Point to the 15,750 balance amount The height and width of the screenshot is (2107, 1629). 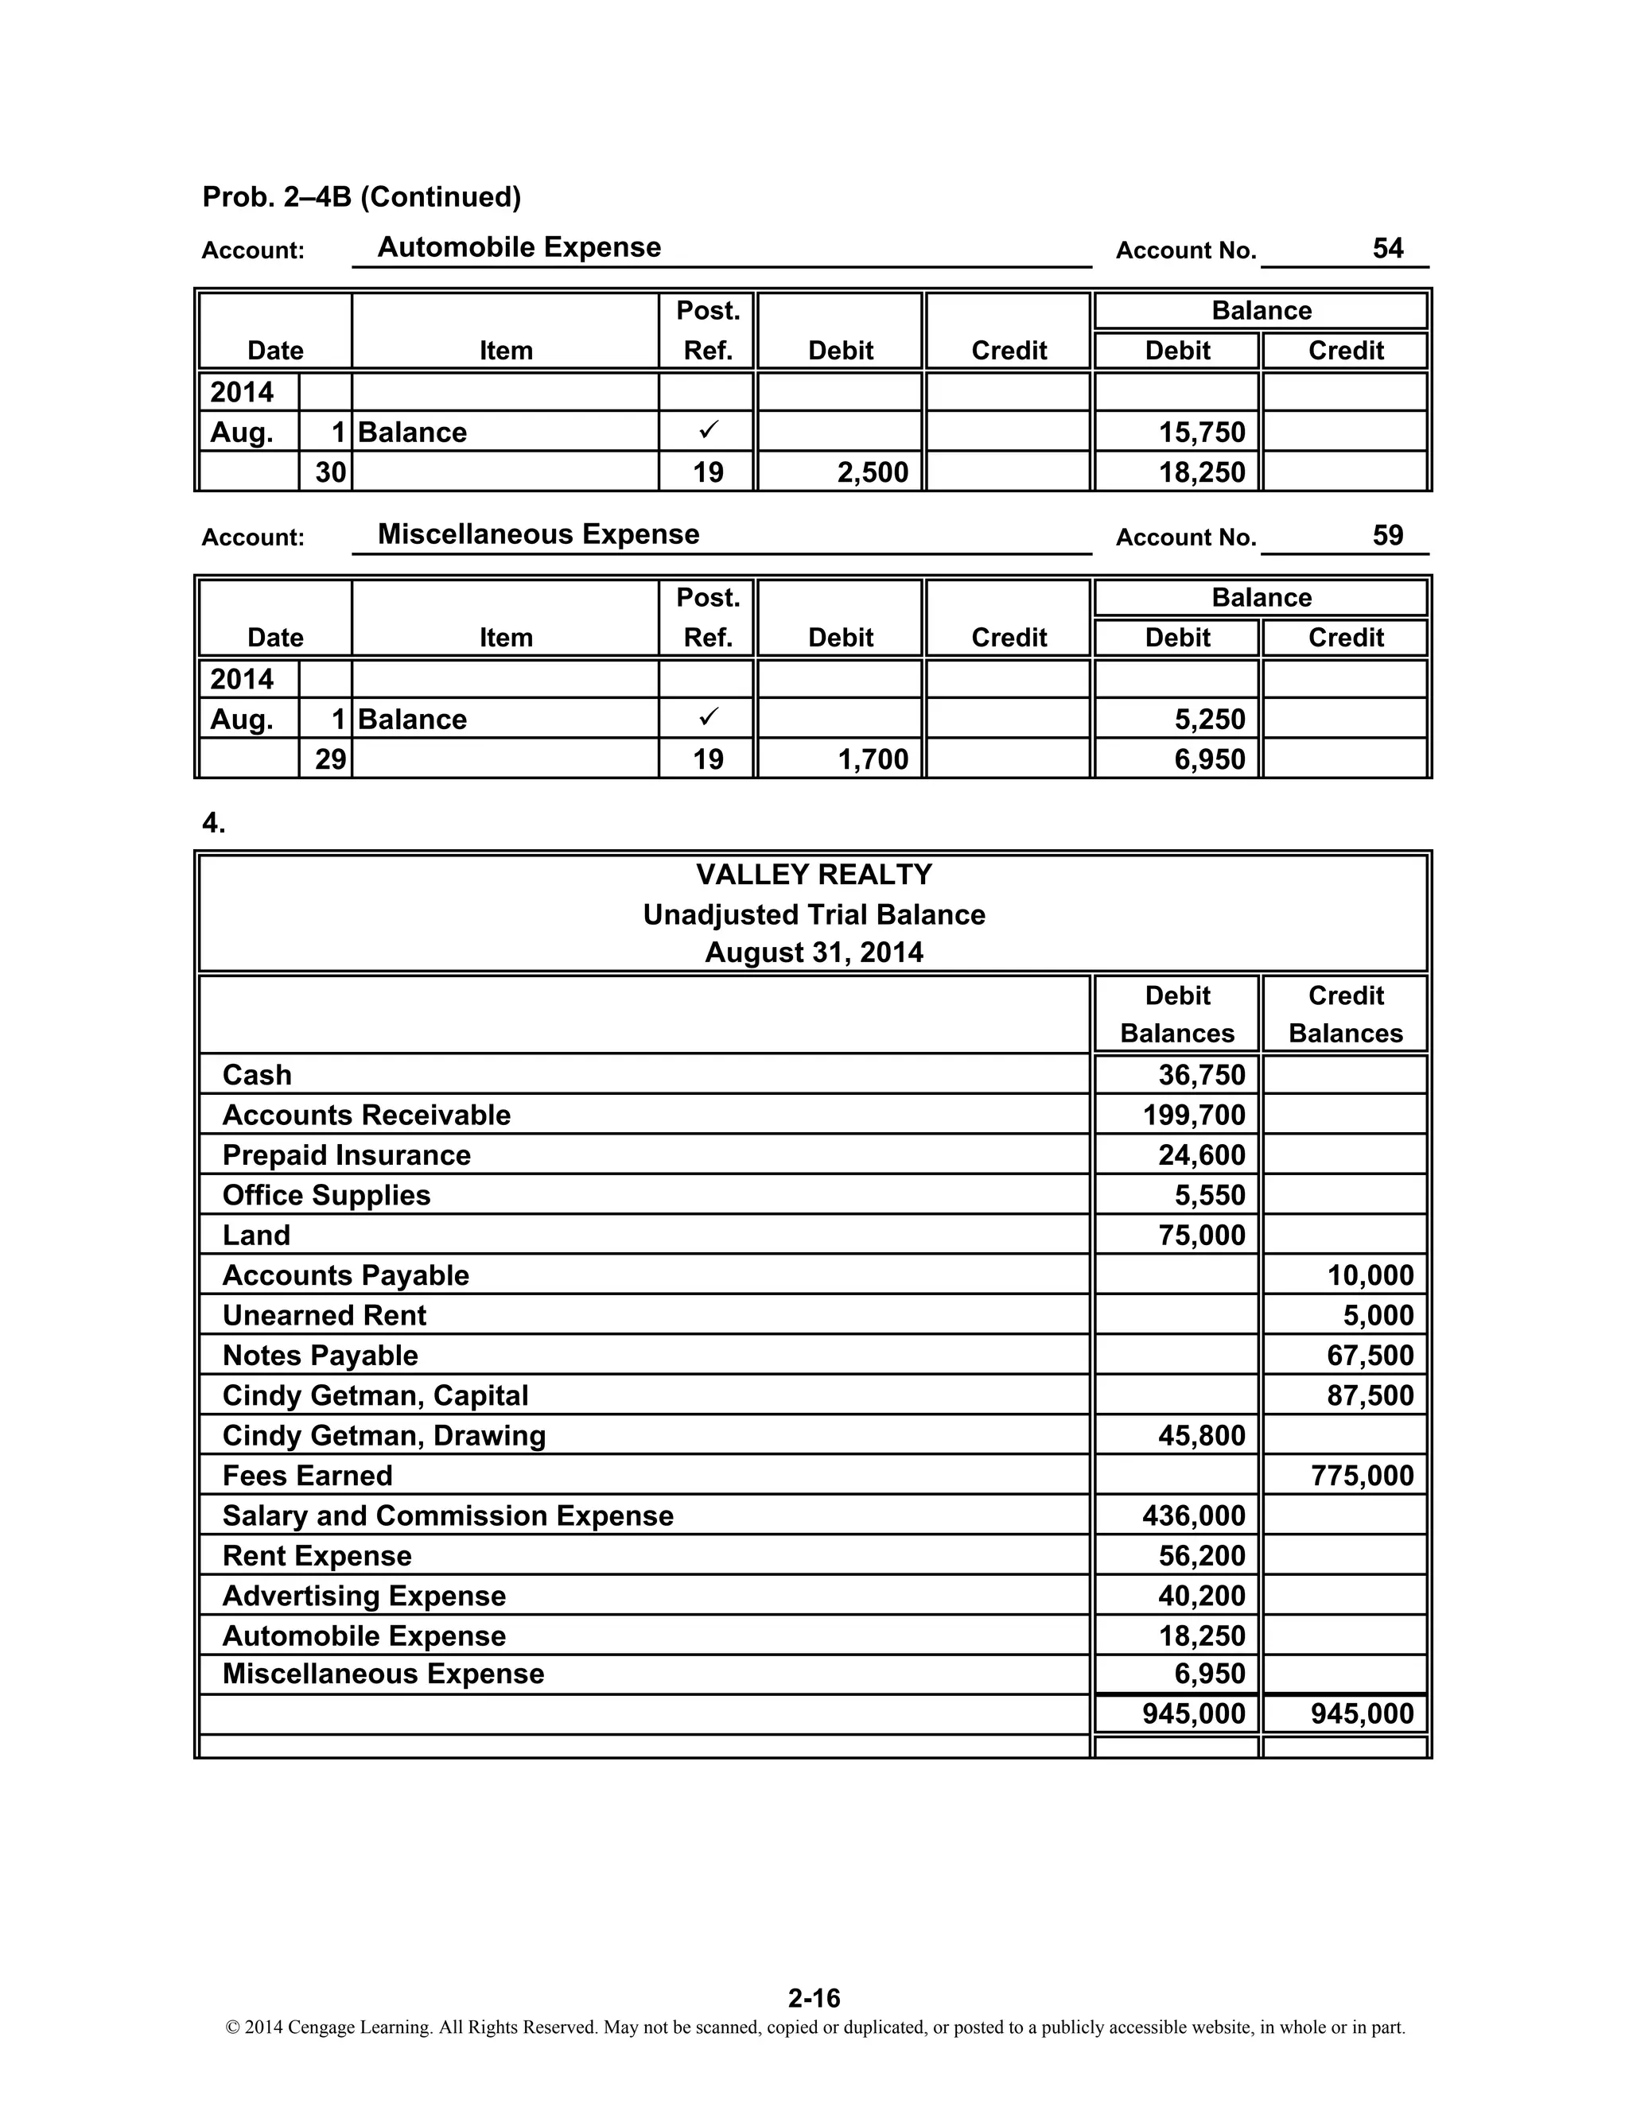coord(1202,433)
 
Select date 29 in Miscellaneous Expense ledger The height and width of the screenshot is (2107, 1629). coord(330,759)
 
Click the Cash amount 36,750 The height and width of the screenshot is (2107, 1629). coord(1202,1075)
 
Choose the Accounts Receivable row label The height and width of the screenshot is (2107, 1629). coord(367,1116)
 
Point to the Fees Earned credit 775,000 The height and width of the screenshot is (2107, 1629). coord(1362,1476)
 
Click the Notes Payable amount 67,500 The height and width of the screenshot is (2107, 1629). coord(1370,1356)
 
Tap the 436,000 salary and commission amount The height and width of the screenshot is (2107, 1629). coord(1194,1515)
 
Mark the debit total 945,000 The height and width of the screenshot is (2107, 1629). coord(1194,1713)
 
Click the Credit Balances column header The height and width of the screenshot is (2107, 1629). coord(1345,1014)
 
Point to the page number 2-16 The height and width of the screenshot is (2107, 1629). coord(814,1997)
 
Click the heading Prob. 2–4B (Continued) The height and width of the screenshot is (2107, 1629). coord(362,197)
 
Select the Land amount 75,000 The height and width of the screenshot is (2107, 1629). coord(1202,1236)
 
